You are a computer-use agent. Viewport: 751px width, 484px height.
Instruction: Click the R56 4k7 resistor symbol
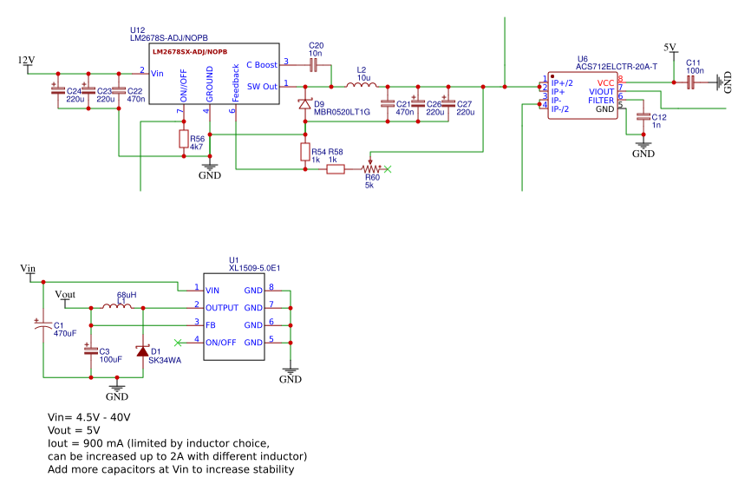(x=183, y=140)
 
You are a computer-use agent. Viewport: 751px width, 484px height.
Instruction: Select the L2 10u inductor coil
(x=360, y=86)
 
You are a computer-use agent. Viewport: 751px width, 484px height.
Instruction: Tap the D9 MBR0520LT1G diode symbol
(x=304, y=104)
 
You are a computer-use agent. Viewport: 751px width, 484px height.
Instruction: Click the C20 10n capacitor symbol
(x=314, y=64)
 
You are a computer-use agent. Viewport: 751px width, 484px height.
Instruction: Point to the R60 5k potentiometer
(x=370, y=169)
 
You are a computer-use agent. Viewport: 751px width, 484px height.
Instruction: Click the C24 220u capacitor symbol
(x=58, y=89)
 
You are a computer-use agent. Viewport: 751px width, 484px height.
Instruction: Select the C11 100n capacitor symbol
(x=691, y=82)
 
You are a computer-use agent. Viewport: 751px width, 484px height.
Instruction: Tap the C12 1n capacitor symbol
(x=643, y=116)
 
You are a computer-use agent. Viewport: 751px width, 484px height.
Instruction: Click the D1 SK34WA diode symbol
(x=142, y=351)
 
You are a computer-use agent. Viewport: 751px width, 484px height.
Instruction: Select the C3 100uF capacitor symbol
(x=90, y=350)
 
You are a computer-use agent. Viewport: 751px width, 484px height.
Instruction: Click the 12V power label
(x=26, y=61)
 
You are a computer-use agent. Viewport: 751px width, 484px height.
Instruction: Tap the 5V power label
(x=669, y=47)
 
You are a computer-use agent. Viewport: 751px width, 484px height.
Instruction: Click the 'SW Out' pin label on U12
(x=262, y=86)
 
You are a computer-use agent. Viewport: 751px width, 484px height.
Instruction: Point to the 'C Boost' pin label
(x=262, y=64)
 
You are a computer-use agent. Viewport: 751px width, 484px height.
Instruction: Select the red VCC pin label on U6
(x=605, y=82)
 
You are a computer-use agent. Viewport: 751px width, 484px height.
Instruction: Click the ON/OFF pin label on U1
(x=220, y=342)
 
